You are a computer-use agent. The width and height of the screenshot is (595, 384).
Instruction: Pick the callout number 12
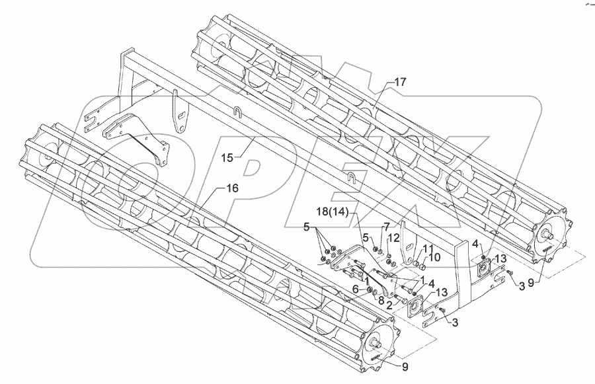[x=392, y=238]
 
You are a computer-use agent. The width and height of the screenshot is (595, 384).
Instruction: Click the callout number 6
[x=356, y=289]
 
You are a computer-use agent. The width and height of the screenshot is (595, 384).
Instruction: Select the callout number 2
[x=390, y=305]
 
